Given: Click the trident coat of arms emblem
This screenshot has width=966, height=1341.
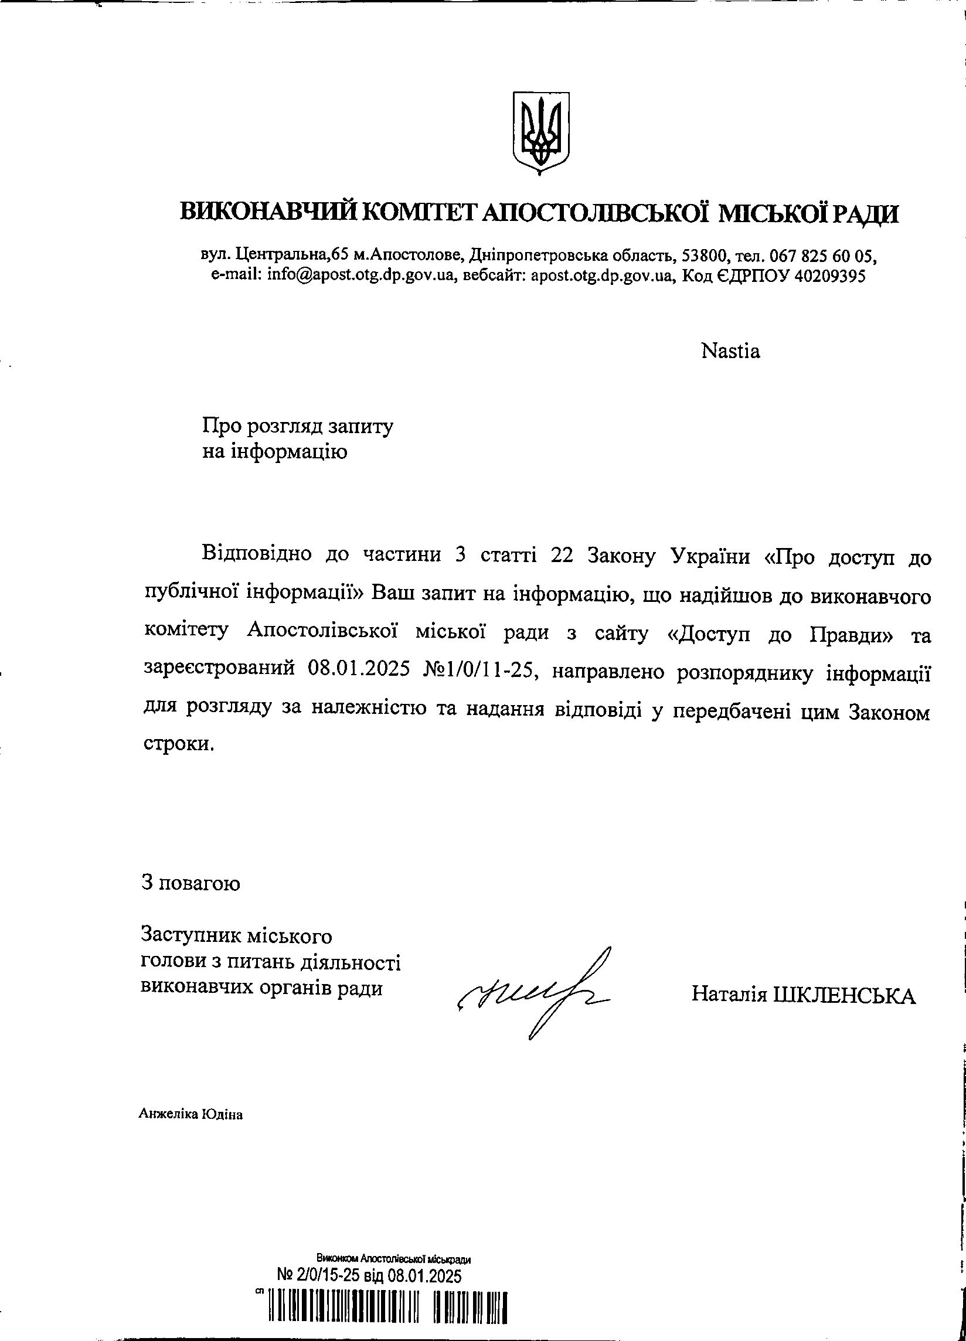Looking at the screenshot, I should click(x=540, y=133).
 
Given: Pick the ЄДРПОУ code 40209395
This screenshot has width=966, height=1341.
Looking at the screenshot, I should click(x=831, y=275).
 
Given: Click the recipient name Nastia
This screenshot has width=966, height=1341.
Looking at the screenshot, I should click(x=730, y=351).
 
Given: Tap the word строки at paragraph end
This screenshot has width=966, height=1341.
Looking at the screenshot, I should click(x=178, y=744).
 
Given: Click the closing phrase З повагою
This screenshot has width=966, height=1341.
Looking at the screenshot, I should click(x=191, y=883).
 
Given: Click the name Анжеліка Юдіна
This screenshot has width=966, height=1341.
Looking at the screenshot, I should click(x=191, y=1115).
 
